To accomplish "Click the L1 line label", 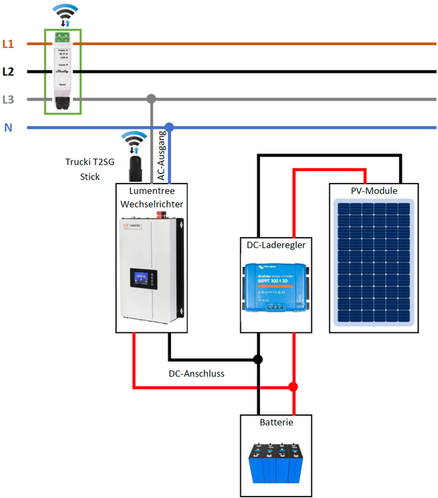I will pos(8,45).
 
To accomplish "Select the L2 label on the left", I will pos(8,71).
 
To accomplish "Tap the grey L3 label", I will pos(8,99).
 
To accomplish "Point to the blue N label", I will pos(8,127).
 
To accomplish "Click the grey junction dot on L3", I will pos(151,99).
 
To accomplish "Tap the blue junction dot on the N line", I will pos(169,127).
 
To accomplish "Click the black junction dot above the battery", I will pos(258,359).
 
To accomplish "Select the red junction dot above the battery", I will pos(293,387).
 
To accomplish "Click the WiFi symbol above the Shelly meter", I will pos(63,12).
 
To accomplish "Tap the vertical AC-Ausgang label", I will pos(162,155).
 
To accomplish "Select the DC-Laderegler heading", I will pos(276,244).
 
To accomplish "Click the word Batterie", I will pos(276,423).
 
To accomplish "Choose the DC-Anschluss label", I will pos(196,374).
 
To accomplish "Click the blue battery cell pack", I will pos(276,464).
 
